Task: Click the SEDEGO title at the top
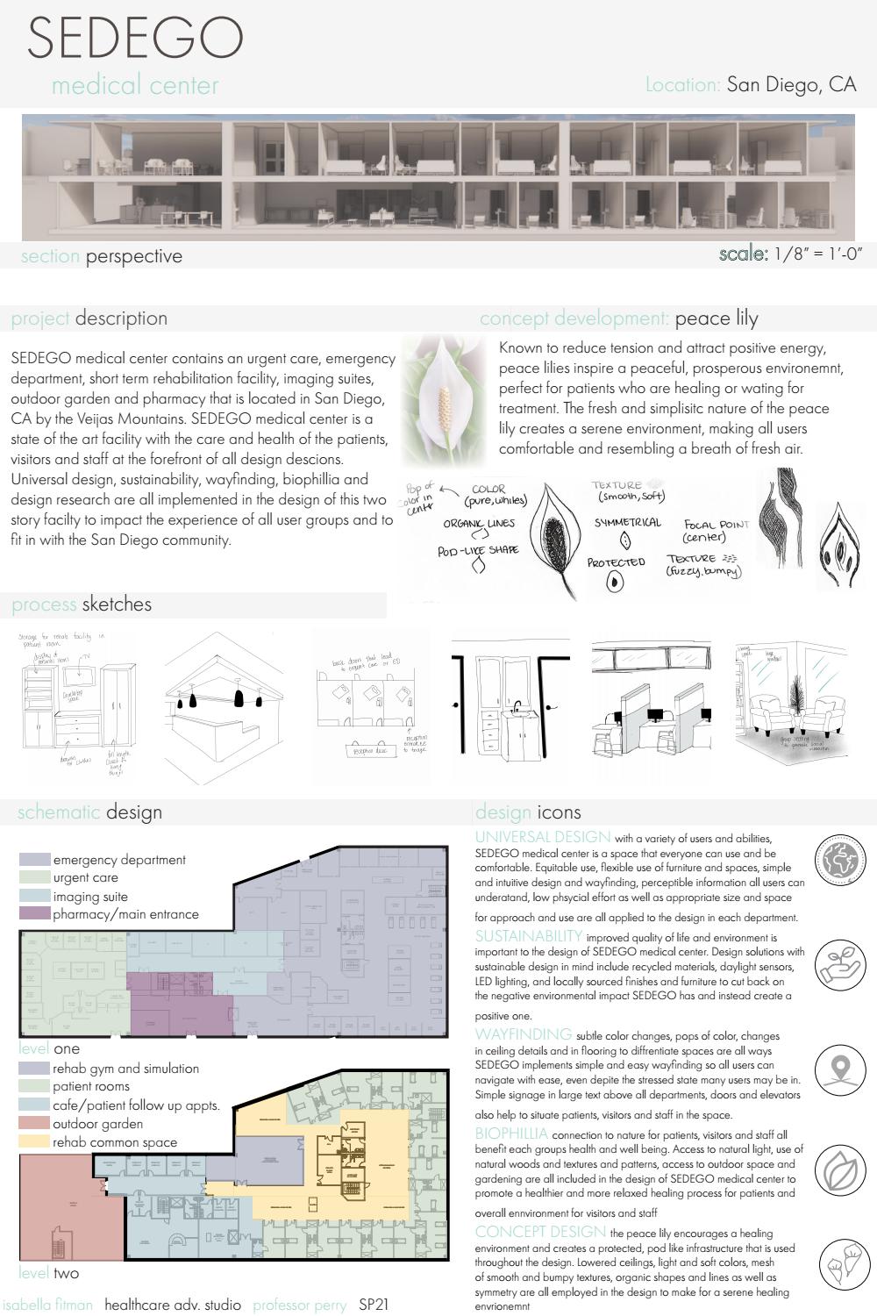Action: tap(135, 37)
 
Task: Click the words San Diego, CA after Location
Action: tap(791, 84)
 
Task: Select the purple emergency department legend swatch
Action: tap(34, 860)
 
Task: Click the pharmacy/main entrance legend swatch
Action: tap(34, 914)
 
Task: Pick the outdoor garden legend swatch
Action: tap(34, 1124)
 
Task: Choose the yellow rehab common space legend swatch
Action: tap(34, 1142)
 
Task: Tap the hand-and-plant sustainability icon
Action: tap(840, 963)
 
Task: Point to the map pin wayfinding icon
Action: tap(840, 1068)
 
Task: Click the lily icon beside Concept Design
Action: tap(840, 1265)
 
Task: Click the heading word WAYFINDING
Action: tap(524, 1035)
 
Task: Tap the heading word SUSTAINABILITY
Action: tap(529, 936)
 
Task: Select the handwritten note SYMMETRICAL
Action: tap(628, 522)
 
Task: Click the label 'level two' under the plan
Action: tap(49, 1273)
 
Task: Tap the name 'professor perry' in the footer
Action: tap(300, 1305)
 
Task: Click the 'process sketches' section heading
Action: tap(82, 604)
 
